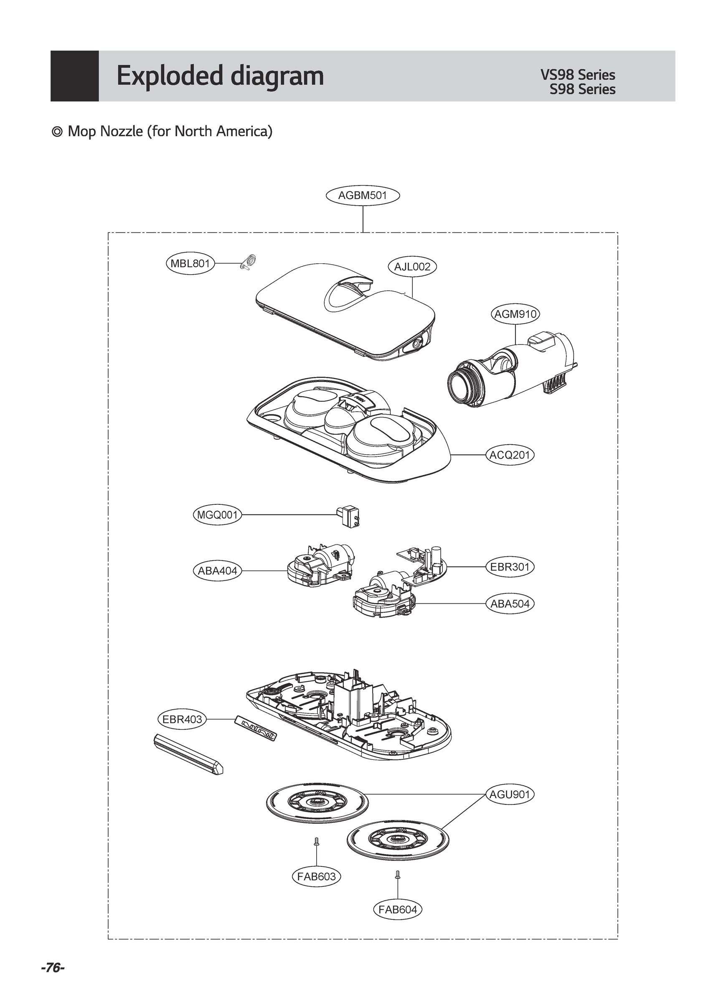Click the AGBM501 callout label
coord(363,195)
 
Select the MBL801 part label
coord(190,264)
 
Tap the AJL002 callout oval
coord(412,267)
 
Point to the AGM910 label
coord(515,314)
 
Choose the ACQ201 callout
coord(510,455)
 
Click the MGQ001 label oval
coord(218,515)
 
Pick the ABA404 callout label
coord(218,570)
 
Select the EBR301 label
coord(510,567)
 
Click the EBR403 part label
coord(182,719)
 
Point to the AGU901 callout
coord(510,794)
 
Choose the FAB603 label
coord(316,876)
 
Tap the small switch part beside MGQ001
coord(349,516)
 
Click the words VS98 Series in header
coord(577,75)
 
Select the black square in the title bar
coord(74,76)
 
